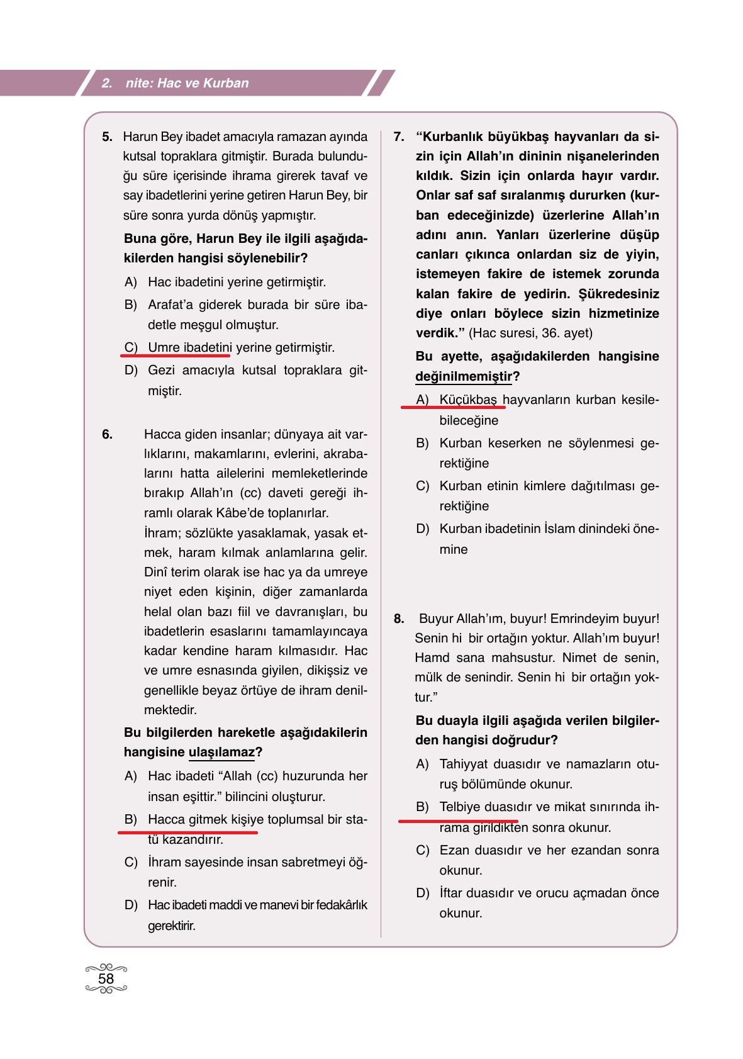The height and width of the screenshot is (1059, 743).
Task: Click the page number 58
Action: (x=106, y=978)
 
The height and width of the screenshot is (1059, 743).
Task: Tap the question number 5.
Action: (x=107, y=137)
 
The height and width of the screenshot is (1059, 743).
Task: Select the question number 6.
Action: (x=107, y=434)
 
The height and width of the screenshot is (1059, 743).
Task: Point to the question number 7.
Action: (x=399, y=137)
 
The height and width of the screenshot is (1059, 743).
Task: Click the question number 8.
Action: (x=399, y=619)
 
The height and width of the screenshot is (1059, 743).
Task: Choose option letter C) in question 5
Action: (x=131, y=347)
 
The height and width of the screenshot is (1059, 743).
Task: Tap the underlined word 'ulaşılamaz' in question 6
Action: (x=221, y=752)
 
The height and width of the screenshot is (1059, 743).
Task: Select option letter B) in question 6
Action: (x=131, y=819)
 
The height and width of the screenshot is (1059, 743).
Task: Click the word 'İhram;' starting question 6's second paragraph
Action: (x=162, y=533)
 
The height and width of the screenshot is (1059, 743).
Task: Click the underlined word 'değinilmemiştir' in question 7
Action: (x=464, y=376)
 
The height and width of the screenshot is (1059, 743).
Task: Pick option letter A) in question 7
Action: (x=422, y=400)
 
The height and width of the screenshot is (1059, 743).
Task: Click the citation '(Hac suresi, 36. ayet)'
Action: (x=530, y=333)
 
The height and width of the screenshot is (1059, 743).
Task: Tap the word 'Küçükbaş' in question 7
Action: (x=468, y=400)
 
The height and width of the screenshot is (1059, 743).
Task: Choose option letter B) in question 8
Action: (x=422, y=807)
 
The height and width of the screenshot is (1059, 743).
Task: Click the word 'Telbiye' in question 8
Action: (x=460, y=807)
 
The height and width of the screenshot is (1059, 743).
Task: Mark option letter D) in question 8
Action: (x=422, y=893)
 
